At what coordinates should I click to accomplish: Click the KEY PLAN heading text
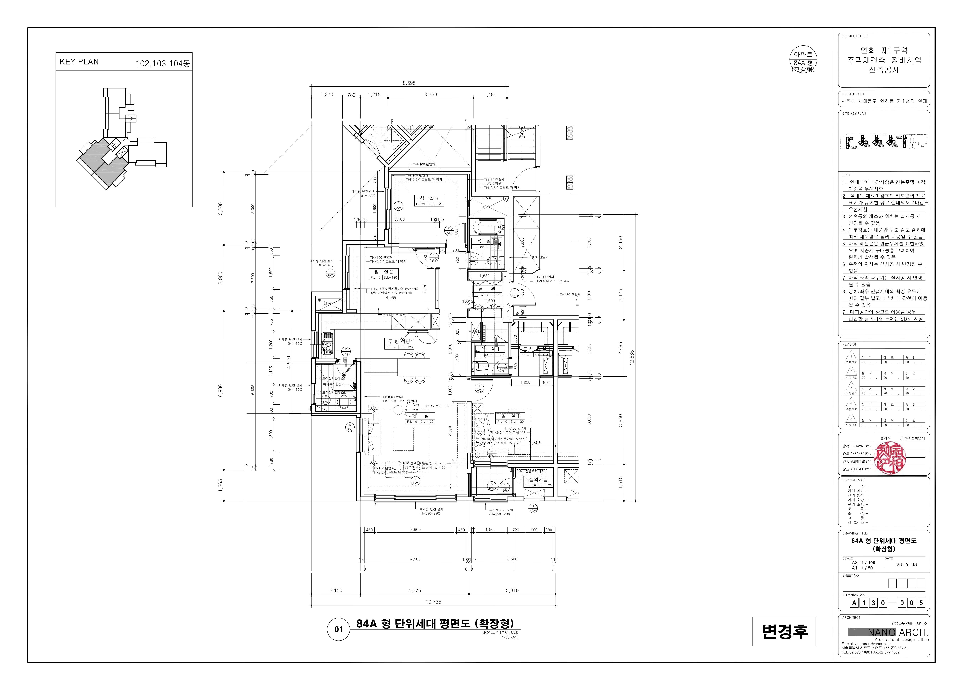click(79, 62)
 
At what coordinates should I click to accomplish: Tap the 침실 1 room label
click(510, 416)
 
